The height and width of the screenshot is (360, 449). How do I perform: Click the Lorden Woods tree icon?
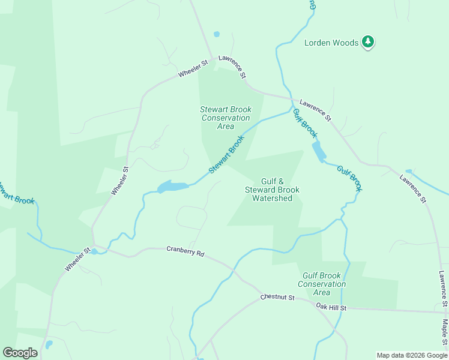[368, 42]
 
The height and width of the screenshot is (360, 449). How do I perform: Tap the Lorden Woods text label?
[331, 43]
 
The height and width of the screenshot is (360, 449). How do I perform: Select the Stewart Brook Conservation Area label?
[226, 118]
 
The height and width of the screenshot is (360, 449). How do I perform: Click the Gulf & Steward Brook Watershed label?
[272, 190]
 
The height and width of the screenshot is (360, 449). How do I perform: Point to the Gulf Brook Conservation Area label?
[322, 284]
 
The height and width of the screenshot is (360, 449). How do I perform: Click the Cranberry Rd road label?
[185, 251]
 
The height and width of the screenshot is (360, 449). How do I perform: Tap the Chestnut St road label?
[277, 298]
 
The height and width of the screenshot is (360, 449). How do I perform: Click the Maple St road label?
[445, 333]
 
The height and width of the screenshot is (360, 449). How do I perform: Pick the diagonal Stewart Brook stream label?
[227, 155]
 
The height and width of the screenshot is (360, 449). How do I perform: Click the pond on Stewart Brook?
[172, 187]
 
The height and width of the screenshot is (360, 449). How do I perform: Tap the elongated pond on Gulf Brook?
[319, 151]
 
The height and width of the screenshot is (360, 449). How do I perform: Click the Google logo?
[20, 353]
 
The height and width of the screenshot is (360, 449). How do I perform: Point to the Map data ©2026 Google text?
[412, 355]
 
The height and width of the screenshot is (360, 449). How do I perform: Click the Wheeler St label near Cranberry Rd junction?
[78, 259]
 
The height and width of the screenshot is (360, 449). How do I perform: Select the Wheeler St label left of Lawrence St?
[192, 68]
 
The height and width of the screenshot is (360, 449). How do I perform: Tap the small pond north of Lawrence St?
[217, 34]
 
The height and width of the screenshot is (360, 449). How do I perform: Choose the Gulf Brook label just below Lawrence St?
[304, 121]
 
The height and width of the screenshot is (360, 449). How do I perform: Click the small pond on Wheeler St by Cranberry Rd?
[94, 251]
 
